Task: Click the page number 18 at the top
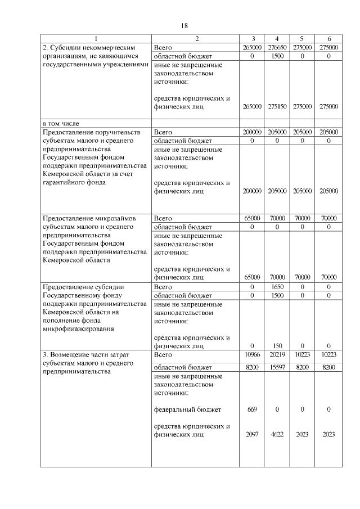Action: pos(184,26)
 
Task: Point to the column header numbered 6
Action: pos(328,39)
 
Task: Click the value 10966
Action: pos(252,355)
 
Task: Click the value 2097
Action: pos(252,434)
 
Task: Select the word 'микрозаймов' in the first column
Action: pos(116,218)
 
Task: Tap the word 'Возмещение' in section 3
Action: pos(70,355)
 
